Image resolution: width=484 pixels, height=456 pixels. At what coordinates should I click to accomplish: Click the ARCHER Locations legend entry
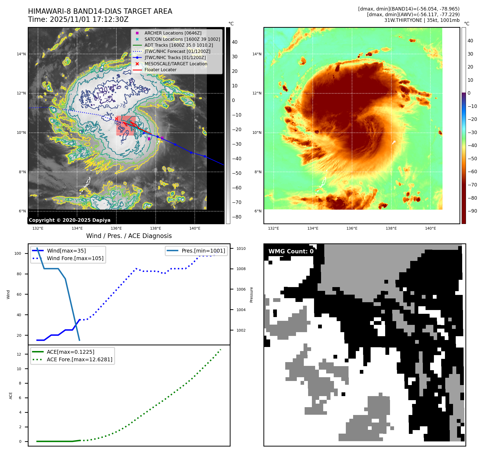(173, 33)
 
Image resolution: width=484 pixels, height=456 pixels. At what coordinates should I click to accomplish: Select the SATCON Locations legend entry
(182, 39)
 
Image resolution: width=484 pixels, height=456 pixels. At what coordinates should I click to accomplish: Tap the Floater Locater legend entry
(160, 70)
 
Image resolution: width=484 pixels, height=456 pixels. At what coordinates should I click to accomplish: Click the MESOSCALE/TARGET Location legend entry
(176, 64)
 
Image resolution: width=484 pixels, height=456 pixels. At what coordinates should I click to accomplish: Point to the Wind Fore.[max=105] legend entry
(75, 258)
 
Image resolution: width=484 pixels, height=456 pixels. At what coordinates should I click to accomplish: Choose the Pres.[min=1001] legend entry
(203, 251)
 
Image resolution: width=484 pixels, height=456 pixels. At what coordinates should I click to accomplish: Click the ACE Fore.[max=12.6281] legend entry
(79, 359)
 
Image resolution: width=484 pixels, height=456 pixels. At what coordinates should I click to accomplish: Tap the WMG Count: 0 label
(291, 251)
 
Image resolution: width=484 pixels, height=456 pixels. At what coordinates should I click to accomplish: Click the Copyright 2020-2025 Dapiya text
(69, 220)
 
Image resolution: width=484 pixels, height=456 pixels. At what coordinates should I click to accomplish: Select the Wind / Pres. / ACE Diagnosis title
(129, 236)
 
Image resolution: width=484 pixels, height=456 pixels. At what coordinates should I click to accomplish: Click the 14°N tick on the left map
(21, 54)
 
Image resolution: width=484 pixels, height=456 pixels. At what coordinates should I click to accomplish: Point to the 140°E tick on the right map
(430, 228)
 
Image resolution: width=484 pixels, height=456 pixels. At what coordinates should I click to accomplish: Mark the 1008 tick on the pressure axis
(241, 269)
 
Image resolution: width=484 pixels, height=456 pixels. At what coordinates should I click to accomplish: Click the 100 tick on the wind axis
(18, 253)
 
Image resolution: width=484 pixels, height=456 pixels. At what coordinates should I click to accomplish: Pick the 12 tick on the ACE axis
(19, 354)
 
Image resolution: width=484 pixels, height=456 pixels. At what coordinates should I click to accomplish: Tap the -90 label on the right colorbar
(472, 211)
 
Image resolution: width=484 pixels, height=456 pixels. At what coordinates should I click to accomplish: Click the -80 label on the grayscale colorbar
(237, 217)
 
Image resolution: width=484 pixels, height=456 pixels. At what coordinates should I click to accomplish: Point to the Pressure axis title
(251, 295)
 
